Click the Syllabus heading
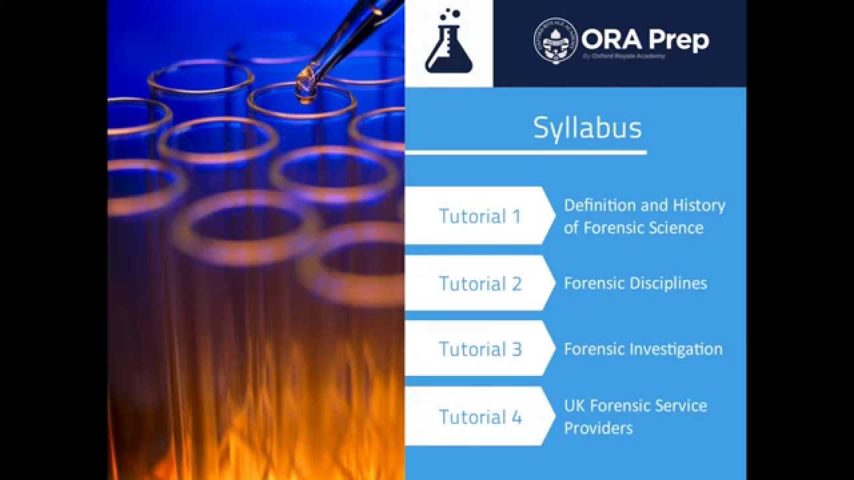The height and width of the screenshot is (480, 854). [587, 127]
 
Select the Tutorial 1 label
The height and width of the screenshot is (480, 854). [479, 216]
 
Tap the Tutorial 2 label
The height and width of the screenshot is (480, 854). [480, 283]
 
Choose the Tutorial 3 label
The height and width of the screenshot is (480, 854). [480, 349]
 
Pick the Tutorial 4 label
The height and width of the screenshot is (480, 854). [480, 417]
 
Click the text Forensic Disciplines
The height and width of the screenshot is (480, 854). [635, 283]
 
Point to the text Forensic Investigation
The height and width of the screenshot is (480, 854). [643, 349]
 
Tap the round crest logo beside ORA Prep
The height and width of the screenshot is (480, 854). [555, 41]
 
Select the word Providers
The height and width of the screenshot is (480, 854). [598, 427]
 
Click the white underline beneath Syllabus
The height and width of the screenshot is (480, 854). [526, 153]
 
